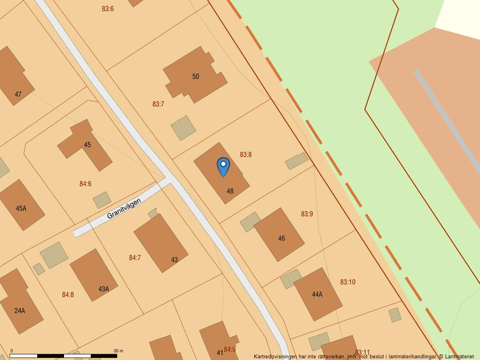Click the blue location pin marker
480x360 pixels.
click(x=223, y=166)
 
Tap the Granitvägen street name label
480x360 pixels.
click(x=124, y=208)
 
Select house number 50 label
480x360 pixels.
click(x=195, y=76)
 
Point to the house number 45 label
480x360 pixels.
click(x=87, y=145)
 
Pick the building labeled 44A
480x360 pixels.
click(x=317, y=294)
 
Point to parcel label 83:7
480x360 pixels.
click(x=158, y=104)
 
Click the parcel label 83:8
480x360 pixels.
click(x=246, y=155)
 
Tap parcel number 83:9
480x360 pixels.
click(x=307, y=214)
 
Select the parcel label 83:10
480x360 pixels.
click(x=348, y=282)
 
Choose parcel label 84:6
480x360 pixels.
click(x=86, y=184)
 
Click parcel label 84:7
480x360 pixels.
click(x=135, y=257)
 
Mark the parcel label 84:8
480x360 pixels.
click(x=68, y=295)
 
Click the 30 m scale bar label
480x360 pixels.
click(x=118, y=350)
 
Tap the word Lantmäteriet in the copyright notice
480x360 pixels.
click(x=460, y=356)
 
